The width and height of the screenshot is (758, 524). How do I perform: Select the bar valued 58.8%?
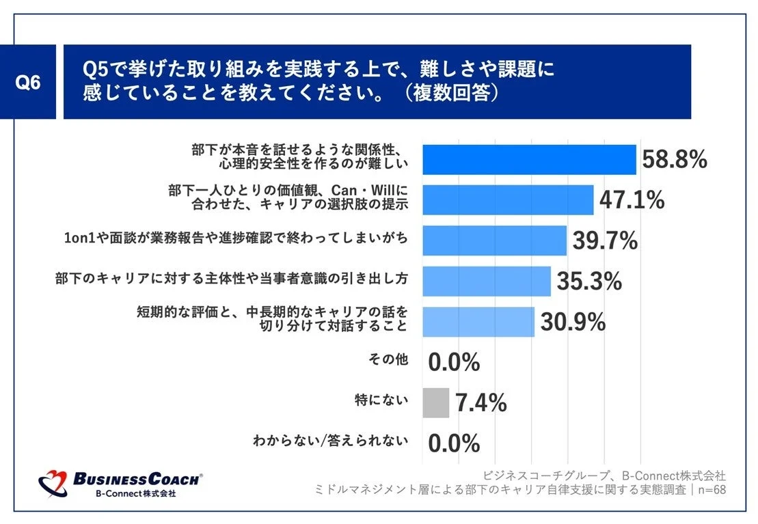528,160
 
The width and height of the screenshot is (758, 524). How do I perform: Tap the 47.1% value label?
632,200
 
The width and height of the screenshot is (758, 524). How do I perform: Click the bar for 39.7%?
494,240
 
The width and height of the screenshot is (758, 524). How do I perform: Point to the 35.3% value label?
588,281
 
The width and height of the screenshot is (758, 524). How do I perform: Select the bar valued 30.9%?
478,321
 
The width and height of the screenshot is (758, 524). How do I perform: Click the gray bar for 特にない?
435,402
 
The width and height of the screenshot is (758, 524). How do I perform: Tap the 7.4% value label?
480,403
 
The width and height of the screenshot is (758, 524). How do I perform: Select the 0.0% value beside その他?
454,363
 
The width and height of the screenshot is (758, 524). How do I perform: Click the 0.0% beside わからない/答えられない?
454,443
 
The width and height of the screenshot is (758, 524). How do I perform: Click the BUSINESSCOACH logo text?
137,480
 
